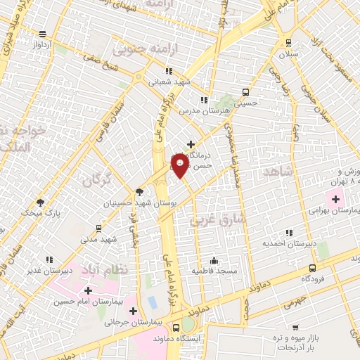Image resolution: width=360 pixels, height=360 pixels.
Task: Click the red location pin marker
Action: click(x=181, y=165)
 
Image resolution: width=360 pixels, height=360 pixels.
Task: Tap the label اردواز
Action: click(x=43, y=44)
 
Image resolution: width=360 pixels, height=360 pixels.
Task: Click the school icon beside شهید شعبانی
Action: click(x=169, y=71)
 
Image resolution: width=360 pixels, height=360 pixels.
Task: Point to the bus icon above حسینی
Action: click(x=246, y=92)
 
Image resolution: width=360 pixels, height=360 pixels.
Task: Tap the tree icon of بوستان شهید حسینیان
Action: click(x=139, y=191)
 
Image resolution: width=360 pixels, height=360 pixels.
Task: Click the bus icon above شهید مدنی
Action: click(x=98, y=229)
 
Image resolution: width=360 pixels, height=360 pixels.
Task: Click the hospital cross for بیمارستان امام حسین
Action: click(x=88, y=290)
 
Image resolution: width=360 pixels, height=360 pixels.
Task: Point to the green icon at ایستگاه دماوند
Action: click(x=188, y=326)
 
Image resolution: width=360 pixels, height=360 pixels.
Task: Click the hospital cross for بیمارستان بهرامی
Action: click(x=336, y=200)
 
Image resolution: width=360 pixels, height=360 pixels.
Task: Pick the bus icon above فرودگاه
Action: click(x=313, y=268)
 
